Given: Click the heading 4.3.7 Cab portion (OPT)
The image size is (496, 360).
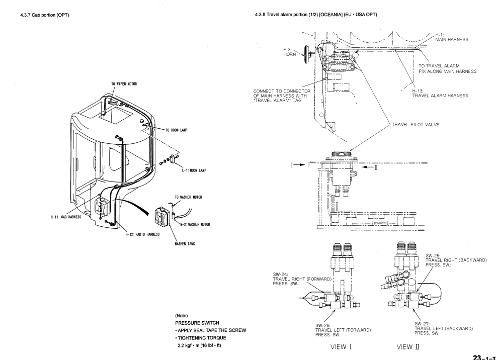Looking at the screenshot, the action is point(45,15).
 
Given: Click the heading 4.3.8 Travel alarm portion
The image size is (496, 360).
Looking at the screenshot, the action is point(316,15).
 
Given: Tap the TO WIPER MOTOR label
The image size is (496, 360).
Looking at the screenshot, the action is point(124,84).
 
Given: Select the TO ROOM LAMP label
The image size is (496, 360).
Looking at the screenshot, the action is point(177,130).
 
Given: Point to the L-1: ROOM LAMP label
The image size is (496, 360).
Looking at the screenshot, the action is point(194,170).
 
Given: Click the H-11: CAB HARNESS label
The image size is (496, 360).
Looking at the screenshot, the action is point(66,217).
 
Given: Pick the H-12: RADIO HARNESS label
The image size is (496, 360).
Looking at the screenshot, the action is point(142,234).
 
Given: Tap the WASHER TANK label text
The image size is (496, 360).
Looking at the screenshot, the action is point(185,244).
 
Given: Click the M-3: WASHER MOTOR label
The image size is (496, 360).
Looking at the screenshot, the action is point(195,224).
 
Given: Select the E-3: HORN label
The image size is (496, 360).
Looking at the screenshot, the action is point(290,52).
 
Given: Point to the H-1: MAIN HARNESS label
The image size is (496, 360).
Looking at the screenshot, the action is point(452,37).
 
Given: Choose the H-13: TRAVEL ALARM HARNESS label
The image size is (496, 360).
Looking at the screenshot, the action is point(440,93).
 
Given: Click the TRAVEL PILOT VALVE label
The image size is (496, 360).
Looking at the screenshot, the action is point(416,125).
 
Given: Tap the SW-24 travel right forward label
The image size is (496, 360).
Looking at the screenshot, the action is point(302,279).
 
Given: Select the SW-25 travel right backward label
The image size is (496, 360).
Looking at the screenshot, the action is point(456,260).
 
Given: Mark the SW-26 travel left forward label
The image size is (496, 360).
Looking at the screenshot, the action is point(343,330).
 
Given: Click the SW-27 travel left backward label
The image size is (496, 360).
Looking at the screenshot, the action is point(444,329).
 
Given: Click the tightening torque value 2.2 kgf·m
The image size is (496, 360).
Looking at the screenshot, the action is point(199,345).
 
